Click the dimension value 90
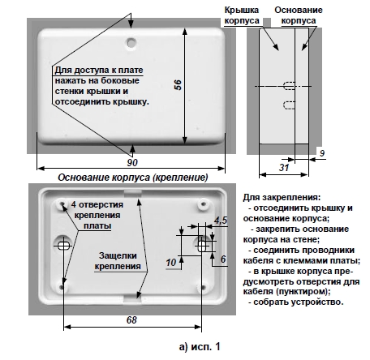[132, 162]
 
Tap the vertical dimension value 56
[178, 85]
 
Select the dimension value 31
[284, 168]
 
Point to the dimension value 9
[322, 153]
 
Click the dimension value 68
[131, 320]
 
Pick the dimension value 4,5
[221, 221]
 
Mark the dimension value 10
[171, 263]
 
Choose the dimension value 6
[223, 259]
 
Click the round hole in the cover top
[131, 42]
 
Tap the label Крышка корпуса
[242, 15]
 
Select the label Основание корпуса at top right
[299, 15]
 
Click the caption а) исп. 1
[200, 346]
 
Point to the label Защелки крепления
[118, 261]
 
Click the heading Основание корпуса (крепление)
[133, 178]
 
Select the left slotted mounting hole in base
[64, 246]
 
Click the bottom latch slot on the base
[132, 298]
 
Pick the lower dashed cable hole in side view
[290, 105]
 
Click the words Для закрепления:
[282, 198]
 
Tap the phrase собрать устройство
[299, 302]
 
